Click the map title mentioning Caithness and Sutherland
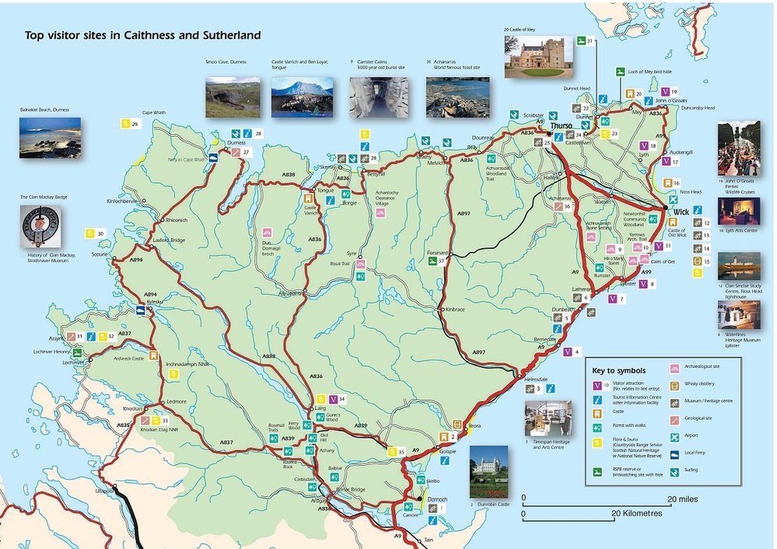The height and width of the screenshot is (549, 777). [x=142, y=36]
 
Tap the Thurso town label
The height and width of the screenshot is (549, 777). [x=561, y=126]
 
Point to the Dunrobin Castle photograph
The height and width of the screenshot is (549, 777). [x=488, y=471]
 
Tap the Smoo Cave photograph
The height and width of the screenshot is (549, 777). [x=233, y=97]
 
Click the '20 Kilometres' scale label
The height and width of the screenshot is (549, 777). [x=637, y=514]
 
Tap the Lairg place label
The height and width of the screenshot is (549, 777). [x=318, y=407]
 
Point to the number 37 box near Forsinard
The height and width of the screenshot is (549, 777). [x=441, y=261]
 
